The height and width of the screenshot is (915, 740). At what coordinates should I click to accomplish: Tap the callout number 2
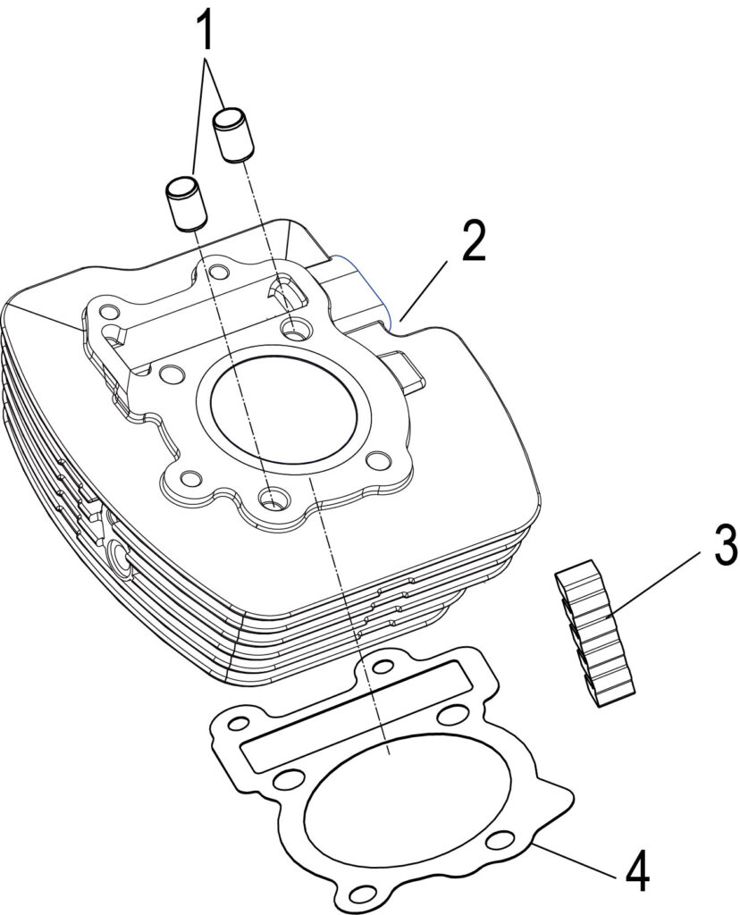point(473,241)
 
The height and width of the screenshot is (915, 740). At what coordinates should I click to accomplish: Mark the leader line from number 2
point(425,290)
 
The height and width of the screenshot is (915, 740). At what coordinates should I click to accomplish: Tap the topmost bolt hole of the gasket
point(383,666)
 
